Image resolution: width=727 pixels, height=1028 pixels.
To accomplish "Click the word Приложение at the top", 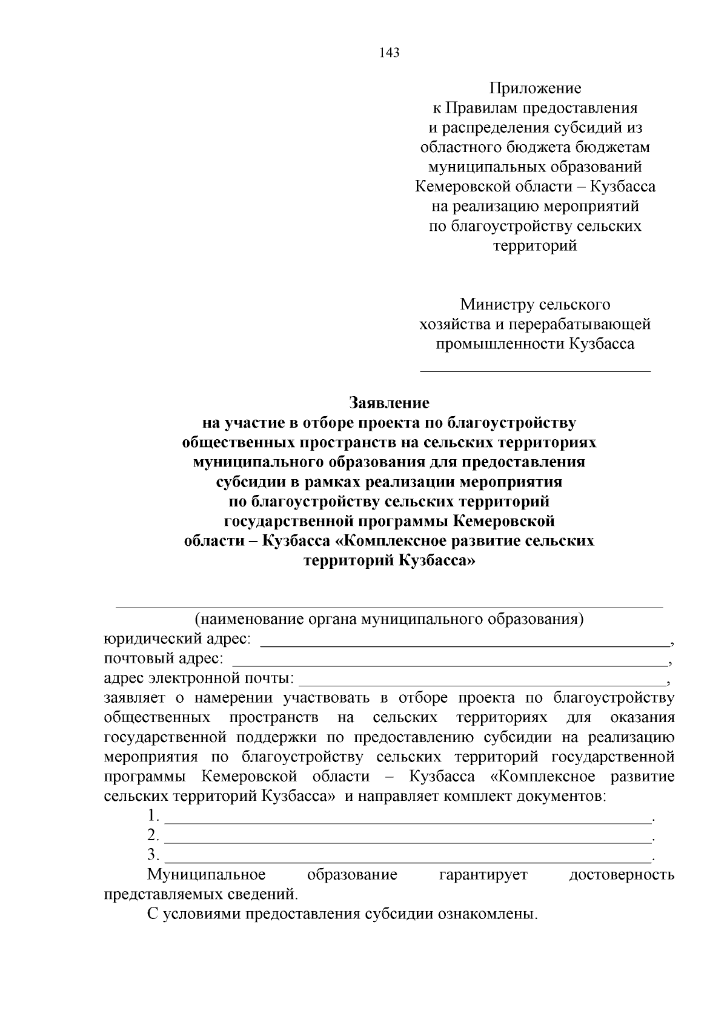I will click(535, 89).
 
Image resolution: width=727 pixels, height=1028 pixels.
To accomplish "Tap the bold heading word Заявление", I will click(389, 403).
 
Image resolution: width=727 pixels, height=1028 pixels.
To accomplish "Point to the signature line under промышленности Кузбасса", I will click(535, 369).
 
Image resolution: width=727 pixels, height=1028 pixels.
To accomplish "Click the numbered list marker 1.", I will click(153, 816).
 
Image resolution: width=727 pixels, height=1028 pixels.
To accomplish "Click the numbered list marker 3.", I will click(153, 855).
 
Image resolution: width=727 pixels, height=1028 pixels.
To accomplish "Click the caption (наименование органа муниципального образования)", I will click(388, 620).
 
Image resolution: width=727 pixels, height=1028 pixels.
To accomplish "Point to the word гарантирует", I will click(483, 875).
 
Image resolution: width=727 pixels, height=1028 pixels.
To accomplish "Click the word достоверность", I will click(622, 875).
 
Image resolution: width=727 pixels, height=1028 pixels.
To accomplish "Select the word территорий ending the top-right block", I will click(535, 246).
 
